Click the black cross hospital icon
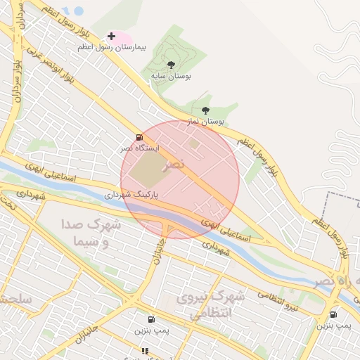pyautogui.click(x=111, y=36)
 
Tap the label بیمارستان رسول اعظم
pyautogui.click(x=113, y=47)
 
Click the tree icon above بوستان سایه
pyautogui.click(x=171, y=65)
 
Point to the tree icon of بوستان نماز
pyautogui.click(x=205, y=110)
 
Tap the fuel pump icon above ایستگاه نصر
pyautogui.click(x=139, y=137)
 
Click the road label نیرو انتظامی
pyautogui.click(x=278, y=300)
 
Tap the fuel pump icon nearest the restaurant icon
pyautogui.click(x=151, y=319)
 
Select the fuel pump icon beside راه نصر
pyautogui.click(x=333, y=314)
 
